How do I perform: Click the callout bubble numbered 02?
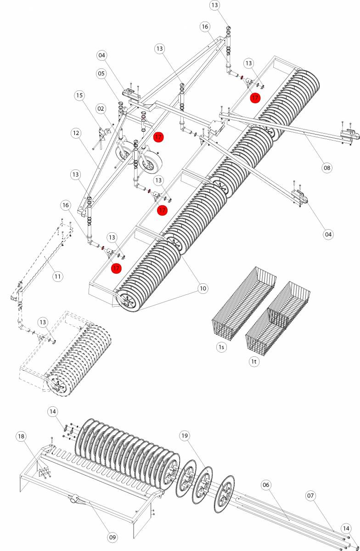[101, 108]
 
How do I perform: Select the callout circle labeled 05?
[101, 73]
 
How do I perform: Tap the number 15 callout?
[80, 96]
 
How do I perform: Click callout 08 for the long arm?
[326, 168]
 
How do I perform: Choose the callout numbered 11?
[57, 276]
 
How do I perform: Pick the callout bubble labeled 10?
[202, 288]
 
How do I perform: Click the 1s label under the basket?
[222, 347]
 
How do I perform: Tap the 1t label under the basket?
[254, 362]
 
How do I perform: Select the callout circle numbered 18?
[21, 436]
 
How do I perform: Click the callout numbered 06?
[266, 484]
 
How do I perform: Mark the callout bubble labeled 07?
[311, 495]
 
